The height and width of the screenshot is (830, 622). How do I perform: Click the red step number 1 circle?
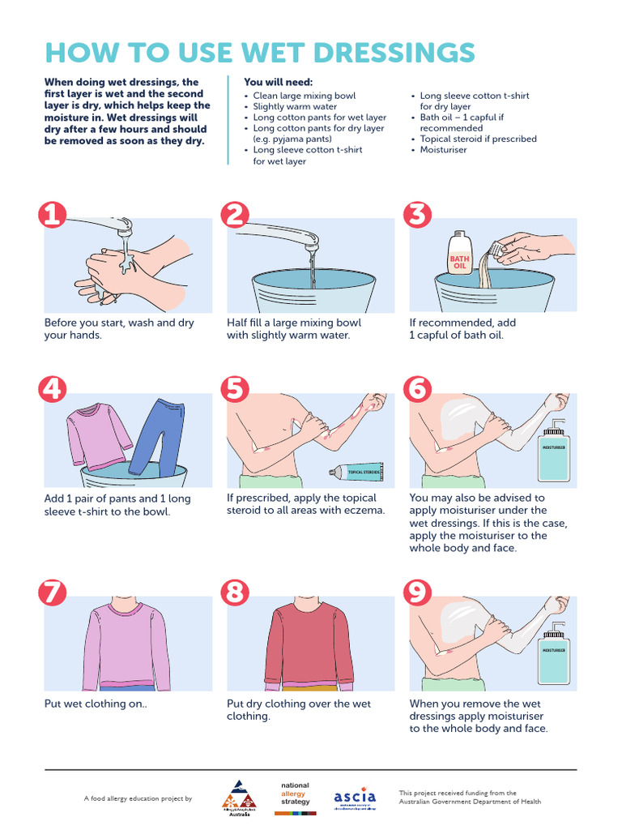(52, 215)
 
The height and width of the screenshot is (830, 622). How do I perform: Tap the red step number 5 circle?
(235, 390)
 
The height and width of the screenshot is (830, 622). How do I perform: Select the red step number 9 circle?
(418, 593)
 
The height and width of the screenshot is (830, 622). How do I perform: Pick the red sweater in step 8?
(309, 644)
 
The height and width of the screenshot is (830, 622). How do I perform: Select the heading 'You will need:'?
(278, 83)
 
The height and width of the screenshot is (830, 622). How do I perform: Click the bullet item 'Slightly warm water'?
(295, 106)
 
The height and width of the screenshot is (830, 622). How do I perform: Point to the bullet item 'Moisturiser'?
(443, 150)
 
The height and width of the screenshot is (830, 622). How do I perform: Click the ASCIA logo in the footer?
(355, 798)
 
